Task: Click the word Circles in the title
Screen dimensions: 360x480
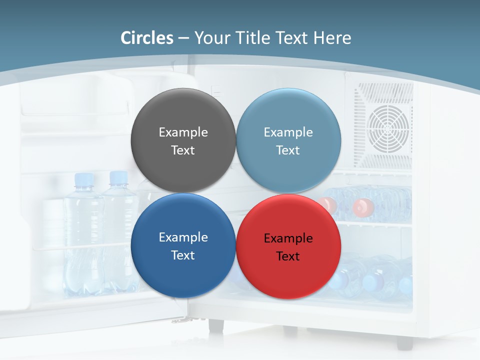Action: (x=147, y=38)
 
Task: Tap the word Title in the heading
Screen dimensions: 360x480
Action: (x=256, y=38)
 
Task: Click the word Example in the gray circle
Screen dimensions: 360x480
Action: (x=183, y=132)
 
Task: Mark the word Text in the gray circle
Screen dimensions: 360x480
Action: (x=183, y=150)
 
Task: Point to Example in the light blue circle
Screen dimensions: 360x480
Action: (x=288, y=132)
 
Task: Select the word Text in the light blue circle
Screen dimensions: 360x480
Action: (x=288, y=150)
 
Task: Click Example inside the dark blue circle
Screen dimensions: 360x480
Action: (x=183, y=237)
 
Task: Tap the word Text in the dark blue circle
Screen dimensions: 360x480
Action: (x=183, y=255)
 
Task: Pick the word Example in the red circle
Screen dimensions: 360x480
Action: (x=288, y=238)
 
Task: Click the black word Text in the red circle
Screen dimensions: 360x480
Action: (x=288, y=256)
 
